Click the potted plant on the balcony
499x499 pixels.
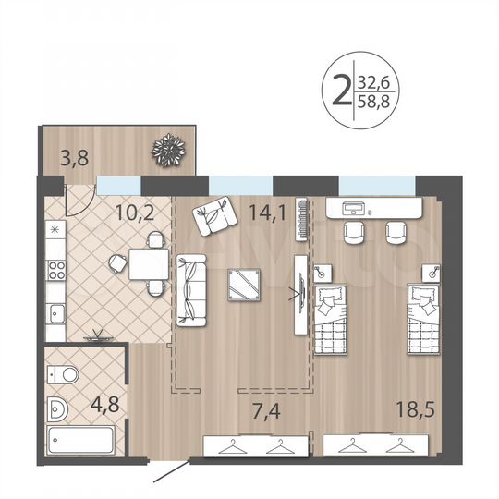point(171,149)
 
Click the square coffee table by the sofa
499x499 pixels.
point(247,285)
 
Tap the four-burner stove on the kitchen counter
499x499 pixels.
point(56,271)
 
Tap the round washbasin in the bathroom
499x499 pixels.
point(58,407)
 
